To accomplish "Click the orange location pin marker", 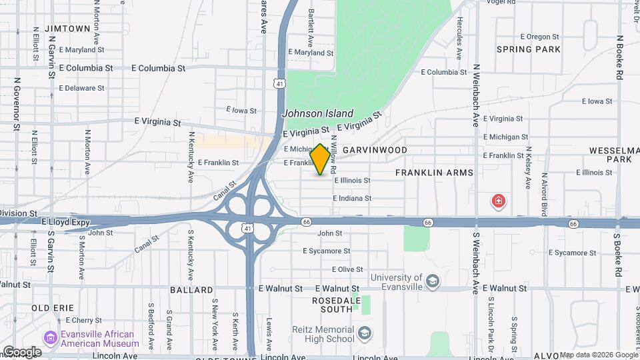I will pos(321,159).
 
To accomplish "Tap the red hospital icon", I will pos(497,201).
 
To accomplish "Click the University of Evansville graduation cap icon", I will pos(433,282).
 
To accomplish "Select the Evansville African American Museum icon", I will pos(50,339).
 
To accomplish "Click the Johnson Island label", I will pos(317,114).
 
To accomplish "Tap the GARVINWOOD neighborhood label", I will pos(375,150).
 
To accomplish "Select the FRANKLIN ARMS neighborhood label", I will pos(434,173).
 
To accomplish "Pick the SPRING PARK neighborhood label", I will pos(523,49).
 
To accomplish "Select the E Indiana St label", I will pos(362,198).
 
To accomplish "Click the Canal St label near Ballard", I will pos(146,243).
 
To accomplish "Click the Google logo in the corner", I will pos(22,351).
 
